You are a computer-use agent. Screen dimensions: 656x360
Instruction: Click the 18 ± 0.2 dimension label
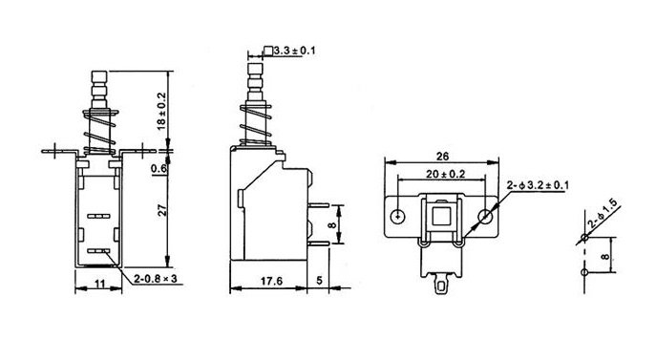point(162,111)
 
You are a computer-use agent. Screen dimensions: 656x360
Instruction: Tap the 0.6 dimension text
point(159,168)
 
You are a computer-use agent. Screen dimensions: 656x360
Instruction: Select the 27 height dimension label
point(162,210)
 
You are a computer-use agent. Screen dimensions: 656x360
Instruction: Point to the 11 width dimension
point(99,284)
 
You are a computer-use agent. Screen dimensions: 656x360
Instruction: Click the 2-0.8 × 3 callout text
point(156,279)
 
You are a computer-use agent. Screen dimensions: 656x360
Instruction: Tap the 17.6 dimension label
point(271,281)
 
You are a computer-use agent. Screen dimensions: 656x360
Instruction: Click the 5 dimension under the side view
point(319,281)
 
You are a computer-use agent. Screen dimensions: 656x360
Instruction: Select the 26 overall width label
point(442,157)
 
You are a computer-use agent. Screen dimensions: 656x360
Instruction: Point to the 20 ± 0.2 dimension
point(446,174)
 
